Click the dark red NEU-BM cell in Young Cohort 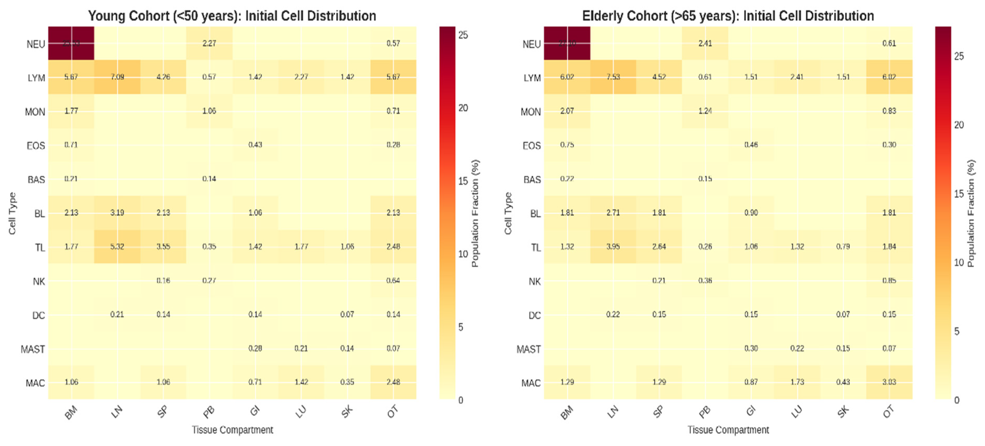tap(71, 43)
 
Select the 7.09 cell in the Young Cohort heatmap tap(117, 77)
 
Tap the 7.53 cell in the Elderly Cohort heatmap tap(613, 77)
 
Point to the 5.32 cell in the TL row tap(117, 246)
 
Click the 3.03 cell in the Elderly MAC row tap(889, 382)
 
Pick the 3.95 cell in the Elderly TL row tap(613, 246)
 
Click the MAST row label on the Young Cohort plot tap(33, 349)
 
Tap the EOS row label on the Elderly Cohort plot tap(531, 146)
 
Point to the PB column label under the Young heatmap tap(209, 412)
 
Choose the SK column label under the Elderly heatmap tap(843, 412)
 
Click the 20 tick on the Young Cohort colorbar tap(463, 108)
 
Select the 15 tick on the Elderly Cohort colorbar tap(959, 194)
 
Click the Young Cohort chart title tap(232, 16)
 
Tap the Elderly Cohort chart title tap(728, 16)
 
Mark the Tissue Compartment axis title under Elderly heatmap tap(728, 430)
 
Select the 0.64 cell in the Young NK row tap(393, 280)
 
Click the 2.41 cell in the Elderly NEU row tap(705, 43)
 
